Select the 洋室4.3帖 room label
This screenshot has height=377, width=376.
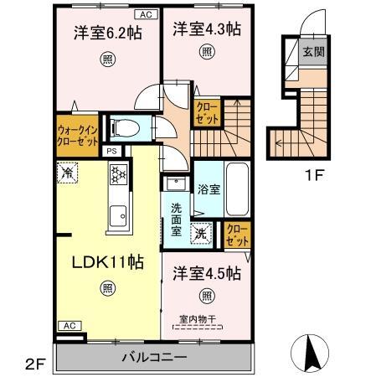[x=207, y=29]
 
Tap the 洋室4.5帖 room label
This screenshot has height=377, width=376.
[x=207, y=274]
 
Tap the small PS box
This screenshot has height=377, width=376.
[x=111, y=152]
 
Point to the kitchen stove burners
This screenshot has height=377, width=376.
[x=118, y=174]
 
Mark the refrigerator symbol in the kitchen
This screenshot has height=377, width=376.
[x=67, y=173]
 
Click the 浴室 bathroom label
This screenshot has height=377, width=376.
[x=209, y=189]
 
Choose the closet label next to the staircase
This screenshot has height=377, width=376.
[x=206, y=112]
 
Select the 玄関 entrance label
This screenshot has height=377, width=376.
[x=311, y=51]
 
